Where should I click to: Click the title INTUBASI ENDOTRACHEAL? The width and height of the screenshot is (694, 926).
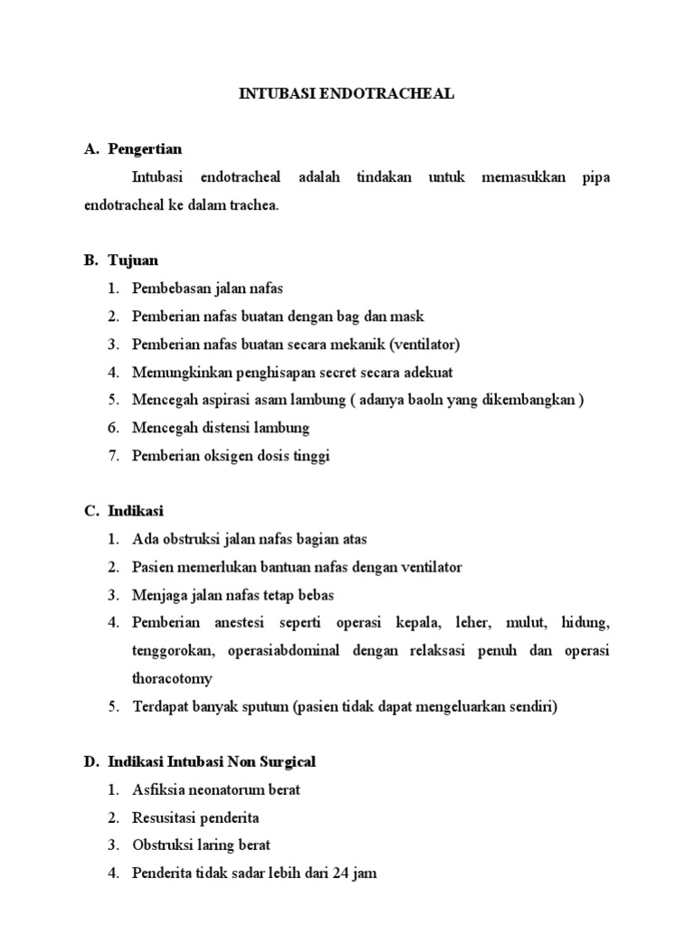point(346,93)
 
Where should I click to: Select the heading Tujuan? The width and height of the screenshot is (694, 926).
point(133,260)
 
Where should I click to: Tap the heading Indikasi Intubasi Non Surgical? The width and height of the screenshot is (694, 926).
point(211,762)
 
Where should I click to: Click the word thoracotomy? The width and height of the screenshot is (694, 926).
point(173,678)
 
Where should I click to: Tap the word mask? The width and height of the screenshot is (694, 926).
point(408,317)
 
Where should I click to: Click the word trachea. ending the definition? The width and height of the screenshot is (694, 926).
point(256,205)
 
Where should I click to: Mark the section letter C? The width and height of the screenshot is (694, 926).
point(91,512)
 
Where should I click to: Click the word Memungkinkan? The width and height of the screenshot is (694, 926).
point(177,372)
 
